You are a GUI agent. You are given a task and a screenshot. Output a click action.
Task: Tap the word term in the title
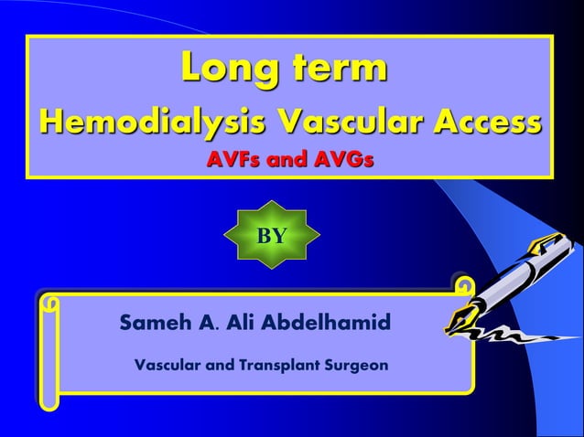(x=336, y=69)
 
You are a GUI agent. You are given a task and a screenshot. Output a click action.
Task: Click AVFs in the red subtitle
(x=234, y=161)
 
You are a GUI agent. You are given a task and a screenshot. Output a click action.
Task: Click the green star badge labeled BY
(x=272, y=235)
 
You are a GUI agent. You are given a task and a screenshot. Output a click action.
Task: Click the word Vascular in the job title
(x=169, y=366)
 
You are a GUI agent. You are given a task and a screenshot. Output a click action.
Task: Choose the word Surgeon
(x=358, y=366)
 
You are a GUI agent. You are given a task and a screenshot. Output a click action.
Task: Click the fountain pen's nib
(x=458, y=319)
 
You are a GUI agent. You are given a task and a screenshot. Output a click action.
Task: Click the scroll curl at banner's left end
(x=52, y=304)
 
